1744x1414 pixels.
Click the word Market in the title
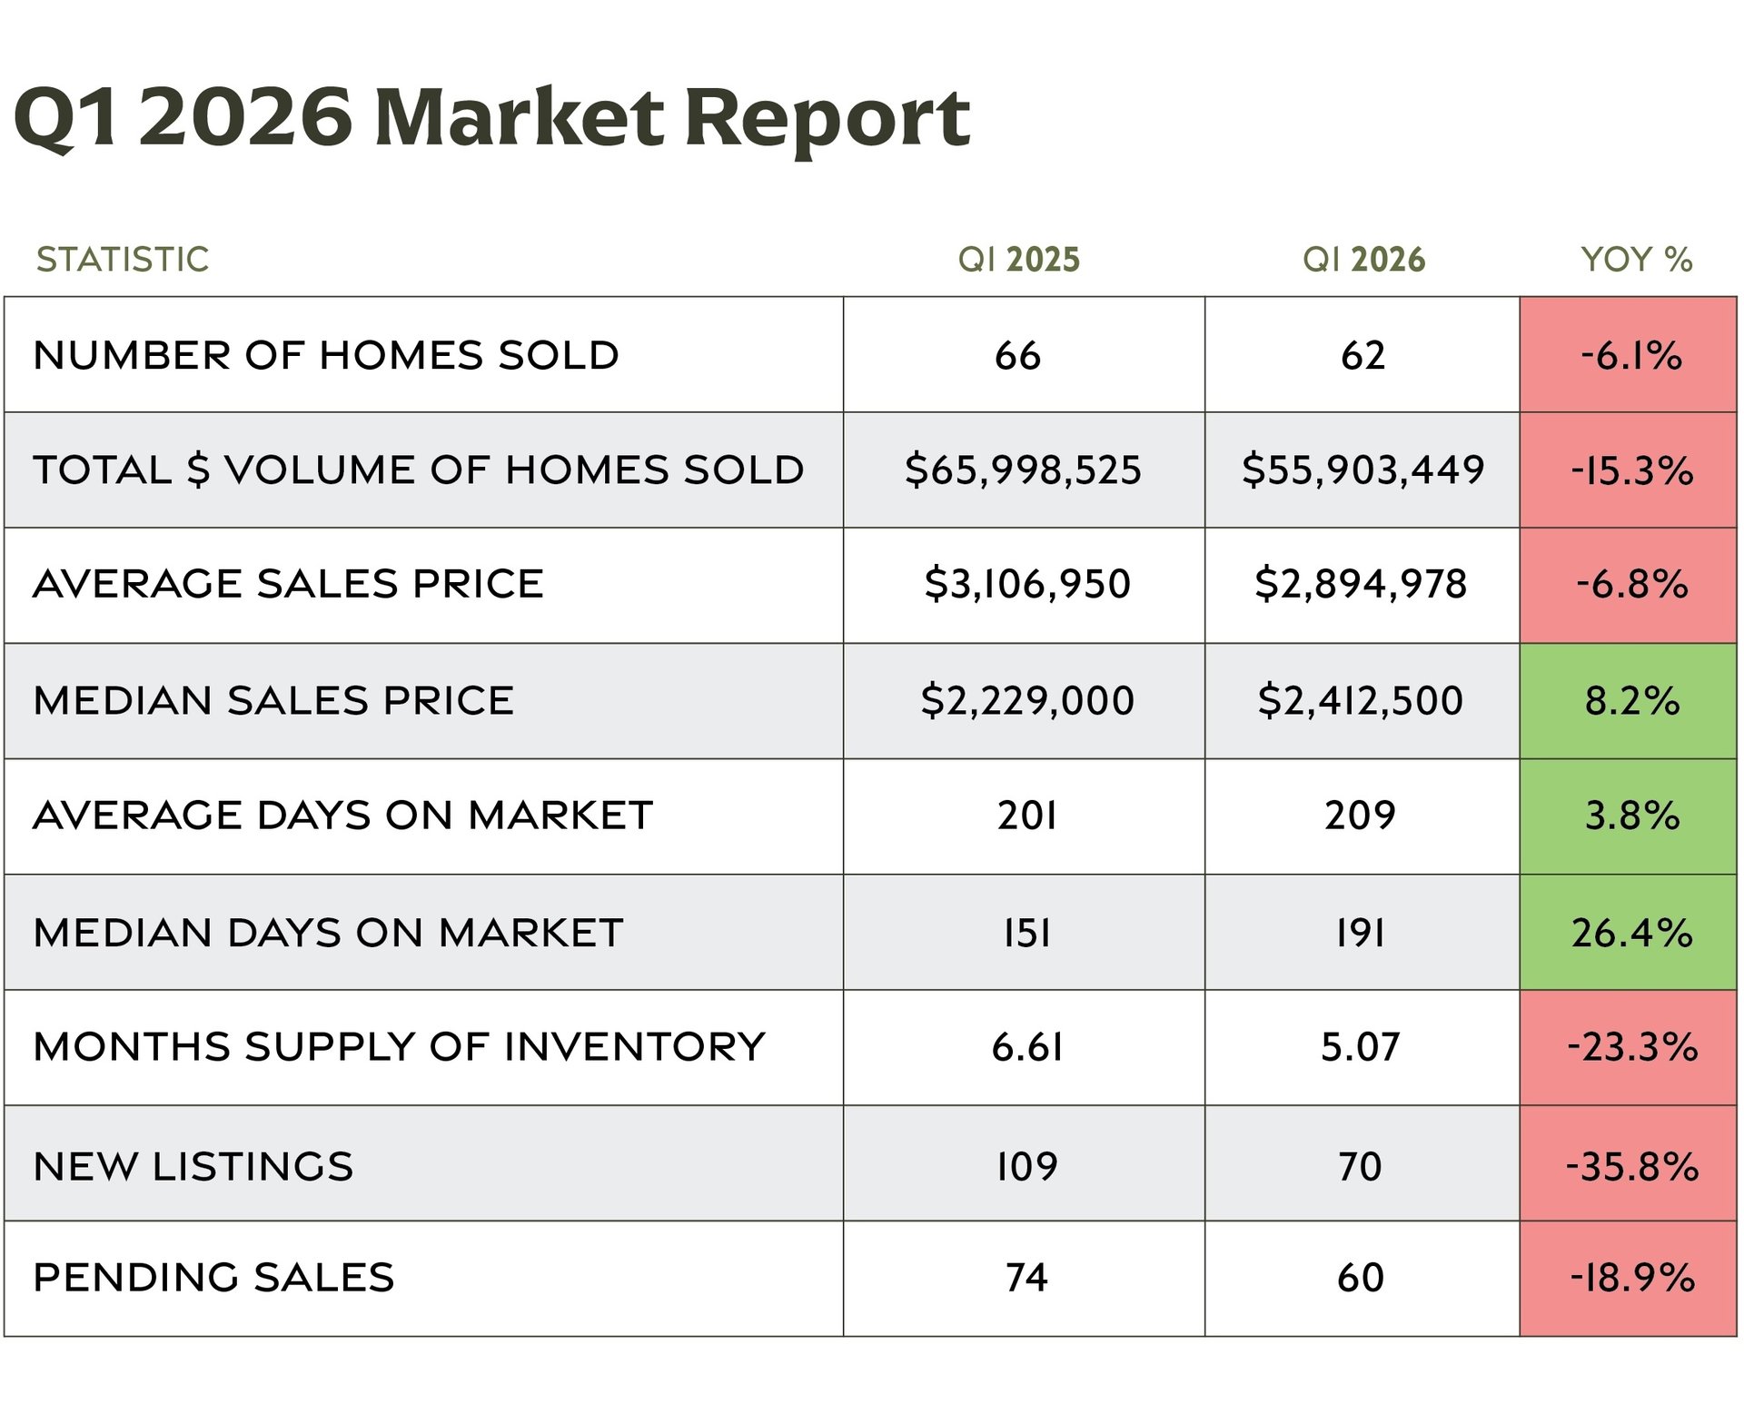pos(519,118)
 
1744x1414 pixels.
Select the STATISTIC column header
pos(123,260)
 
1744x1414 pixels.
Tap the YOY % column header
pos(1636,260)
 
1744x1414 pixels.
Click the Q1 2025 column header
pos(1018,260)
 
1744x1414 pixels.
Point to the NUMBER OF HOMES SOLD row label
pos(326,355)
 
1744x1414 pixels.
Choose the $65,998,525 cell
pos(1023,470)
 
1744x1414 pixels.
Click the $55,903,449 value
pos(1362,470)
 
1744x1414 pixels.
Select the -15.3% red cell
pos(1631,470)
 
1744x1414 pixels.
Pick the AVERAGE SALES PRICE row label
pos(288,584)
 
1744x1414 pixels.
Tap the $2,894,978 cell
pos(1361,584)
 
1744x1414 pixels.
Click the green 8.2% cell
pos(1631,701)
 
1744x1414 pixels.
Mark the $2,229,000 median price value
pos(1027,701)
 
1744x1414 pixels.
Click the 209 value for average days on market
pos(1360,816)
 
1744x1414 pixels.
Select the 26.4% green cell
pos(1631,933)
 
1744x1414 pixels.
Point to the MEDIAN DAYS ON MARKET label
pos(328,933)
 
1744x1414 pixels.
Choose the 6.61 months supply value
pos(1027,1047)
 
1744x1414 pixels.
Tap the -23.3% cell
pos(1631,1047)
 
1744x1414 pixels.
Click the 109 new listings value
pos(1027,1166)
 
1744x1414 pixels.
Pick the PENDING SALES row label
pos(213,1278)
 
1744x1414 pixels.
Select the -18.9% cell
pos(1631,1278)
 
